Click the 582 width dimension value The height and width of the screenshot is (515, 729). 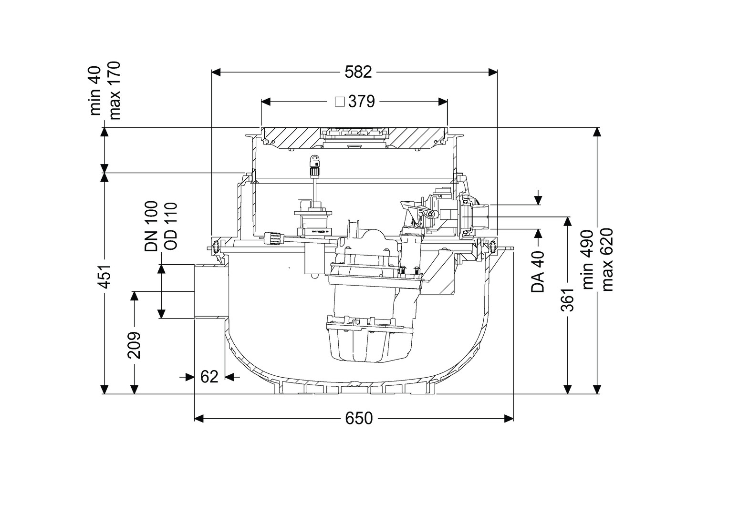pos(358,72)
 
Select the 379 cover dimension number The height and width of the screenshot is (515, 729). pos(362,102)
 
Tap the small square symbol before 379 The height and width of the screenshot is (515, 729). pos(340,102)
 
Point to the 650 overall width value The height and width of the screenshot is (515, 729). pos(358,419)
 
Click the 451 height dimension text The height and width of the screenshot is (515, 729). pos(105,276)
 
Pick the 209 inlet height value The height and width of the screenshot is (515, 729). pos(134,345)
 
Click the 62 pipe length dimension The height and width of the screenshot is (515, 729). pos(209,377)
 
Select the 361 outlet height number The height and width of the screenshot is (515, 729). pos(567,299)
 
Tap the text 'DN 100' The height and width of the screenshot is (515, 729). pos(151,227)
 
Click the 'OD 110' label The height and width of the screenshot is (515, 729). pos(170,227)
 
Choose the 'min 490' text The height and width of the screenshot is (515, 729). pos(588,260)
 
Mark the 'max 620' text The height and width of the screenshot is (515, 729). pos(606,260)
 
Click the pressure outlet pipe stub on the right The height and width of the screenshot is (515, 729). pos(481,216)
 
